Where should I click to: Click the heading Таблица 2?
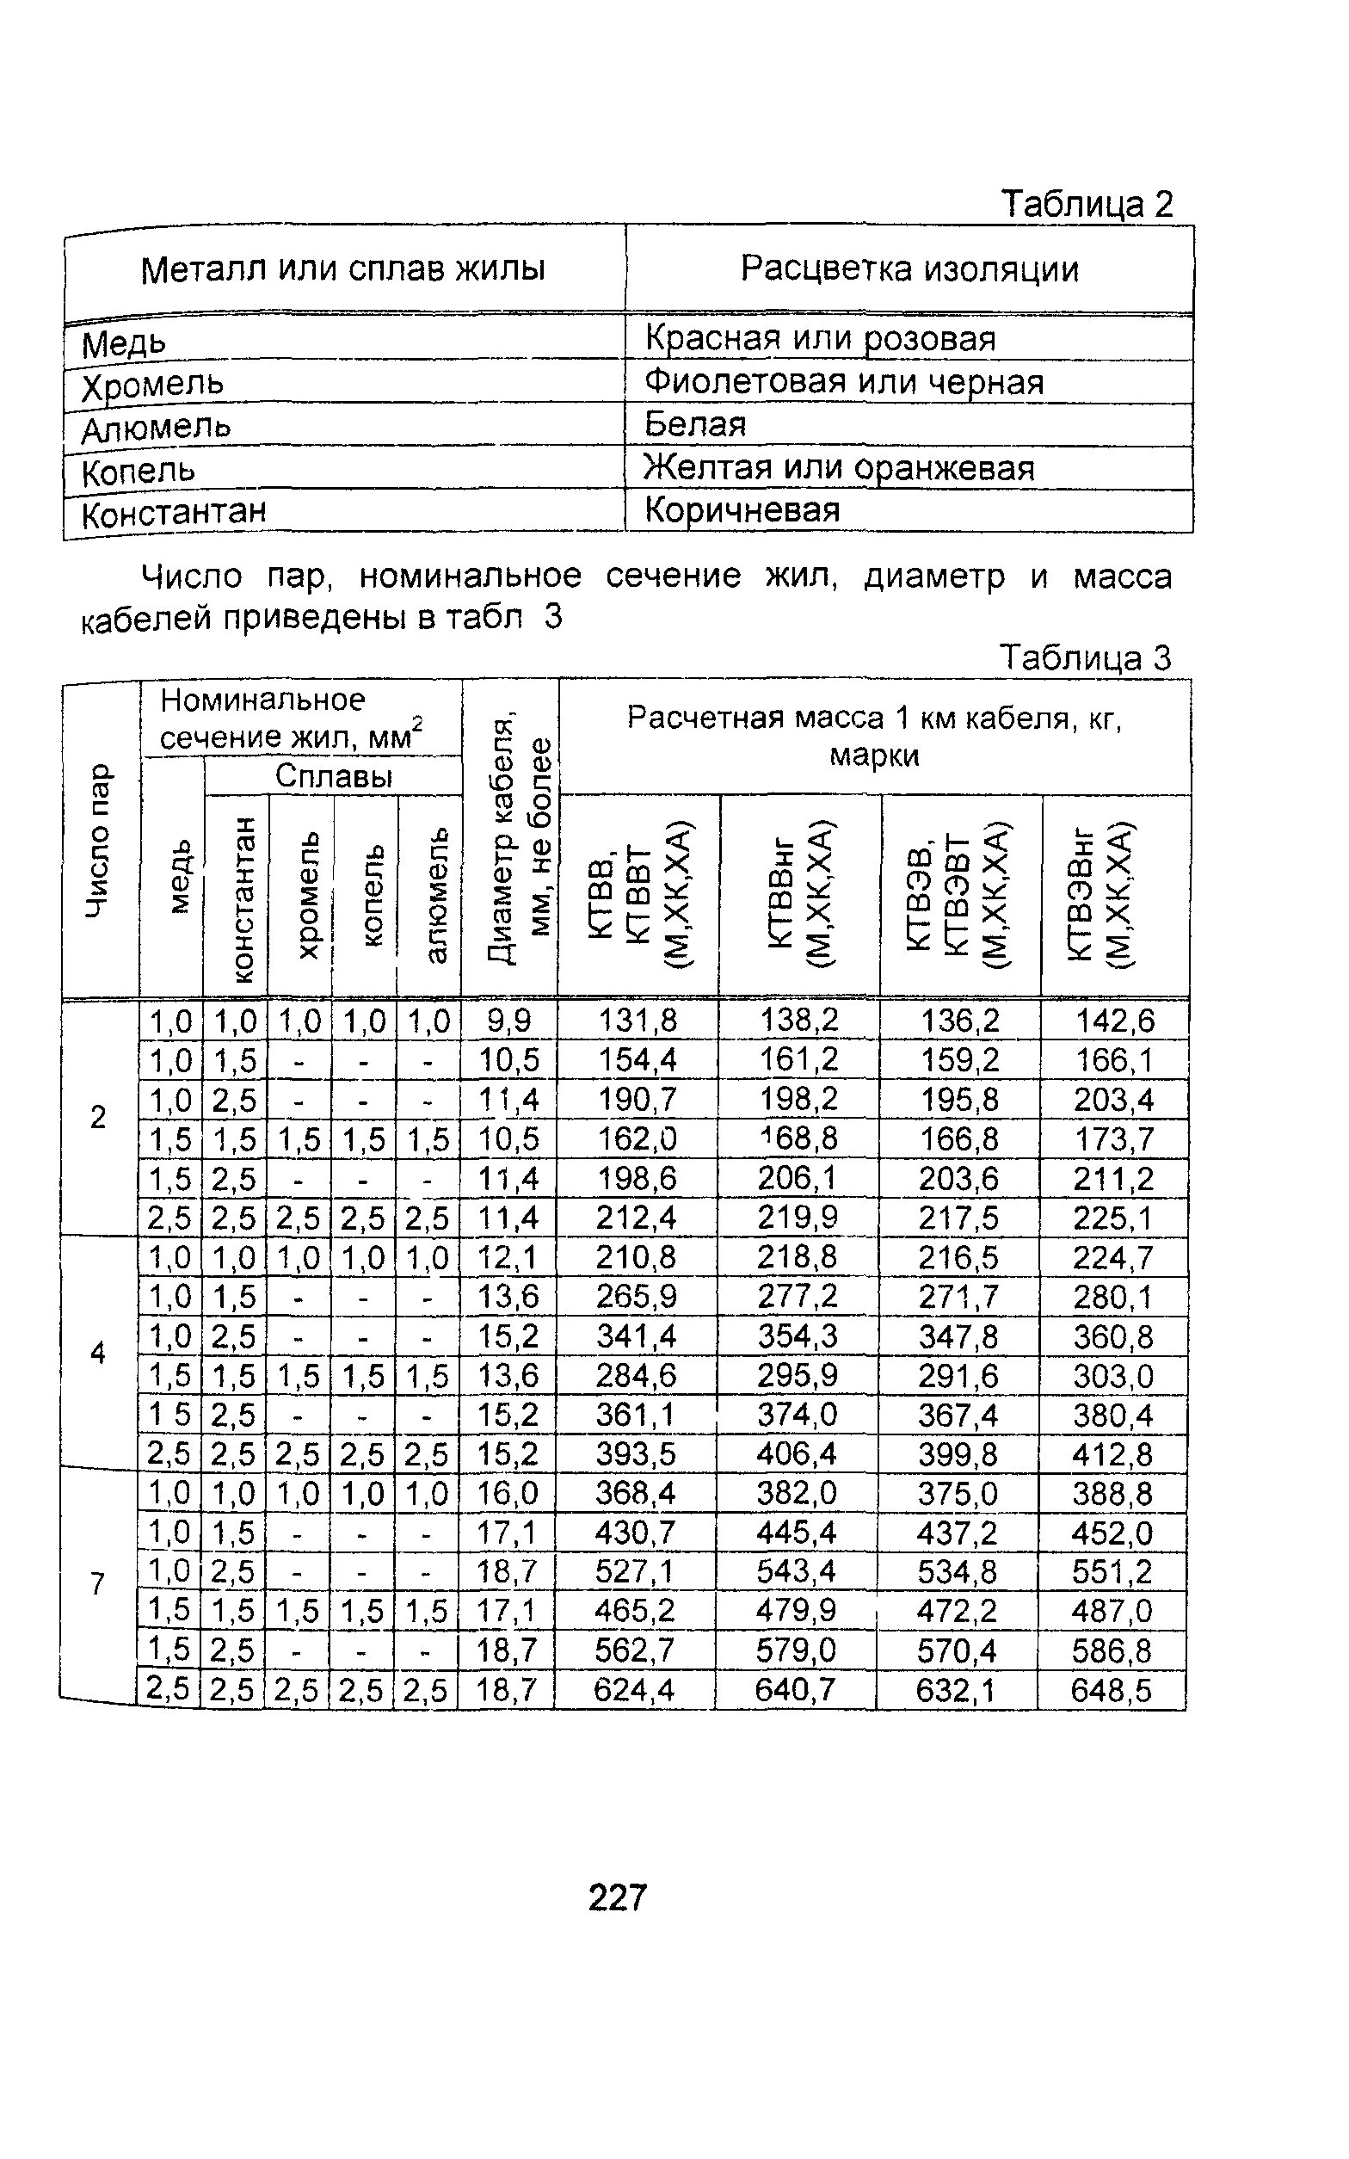click(x=1086, y=204)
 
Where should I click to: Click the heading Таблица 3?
click(x=1084, y=657)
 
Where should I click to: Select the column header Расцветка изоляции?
click(x=909, y=268)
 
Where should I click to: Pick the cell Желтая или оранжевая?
click(x=839, y=467)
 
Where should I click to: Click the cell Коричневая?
click(x=742, y=510)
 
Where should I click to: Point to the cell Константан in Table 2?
click(x=174, y=513)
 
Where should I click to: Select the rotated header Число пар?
click(x=99, y=840)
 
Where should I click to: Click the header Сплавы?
click(x=334, y=776)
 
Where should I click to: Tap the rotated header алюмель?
click(x=432, y=895)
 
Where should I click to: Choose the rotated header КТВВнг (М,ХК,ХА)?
click(x=799, y=895)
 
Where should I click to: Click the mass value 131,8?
click(x=637, y=1020)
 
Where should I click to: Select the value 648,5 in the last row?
click(x=1111, y=1690)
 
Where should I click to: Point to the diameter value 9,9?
click(x=509, y=1020)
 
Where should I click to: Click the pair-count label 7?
click(x=98, y=1583)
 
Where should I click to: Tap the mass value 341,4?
click(x=636, y=1335)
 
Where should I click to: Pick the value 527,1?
click(x=635, y=1571)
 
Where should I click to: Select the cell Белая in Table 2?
click(x=695, y=423)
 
